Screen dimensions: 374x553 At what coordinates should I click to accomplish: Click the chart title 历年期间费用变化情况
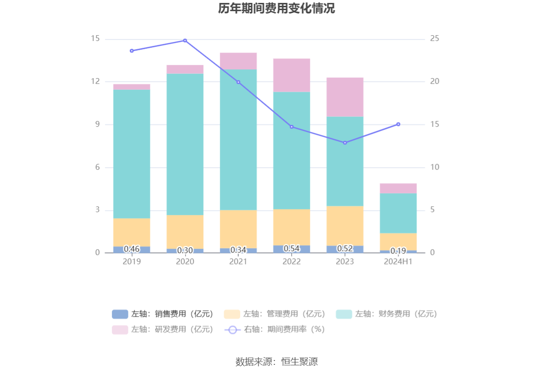pyautogui.click(x=276, y=9)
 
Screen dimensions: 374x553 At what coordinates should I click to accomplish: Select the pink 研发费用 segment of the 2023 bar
pyautogui.click(x=345, y=97)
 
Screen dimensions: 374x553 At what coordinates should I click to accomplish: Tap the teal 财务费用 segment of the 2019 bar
pyautogui.click(x=132, y=154)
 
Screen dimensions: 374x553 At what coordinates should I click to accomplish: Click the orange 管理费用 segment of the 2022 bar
pyautogui.click(x=292, y=227)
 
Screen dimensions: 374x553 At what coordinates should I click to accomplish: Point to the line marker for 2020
pyautogui.click(x=185, y=40)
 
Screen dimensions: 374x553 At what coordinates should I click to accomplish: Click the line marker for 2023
pyautogui.click(x=345, y=143)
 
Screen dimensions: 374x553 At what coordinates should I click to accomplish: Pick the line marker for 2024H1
pyautogui.click(x=398, y=124)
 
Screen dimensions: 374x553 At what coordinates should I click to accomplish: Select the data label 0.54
pyautogui.click(x=292, y=249)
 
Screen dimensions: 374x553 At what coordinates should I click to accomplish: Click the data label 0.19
pyautogui.click(x=398, y=251)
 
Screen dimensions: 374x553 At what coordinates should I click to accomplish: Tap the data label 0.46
pyautogui.click(x=132, y=249)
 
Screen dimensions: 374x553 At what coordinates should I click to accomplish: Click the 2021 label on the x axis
pyautogui.click(x=238, y=262)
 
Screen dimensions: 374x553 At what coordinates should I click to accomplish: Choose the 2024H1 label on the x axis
pyautogui.click(x=398, y=262)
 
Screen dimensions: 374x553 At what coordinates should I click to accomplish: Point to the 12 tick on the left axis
pyautogui.click(x=95, y=81)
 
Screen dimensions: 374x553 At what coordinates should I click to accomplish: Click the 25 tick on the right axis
pyautogui.click(x=434, y=39)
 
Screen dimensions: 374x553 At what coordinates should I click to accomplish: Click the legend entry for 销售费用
pyautogui.click(x=163, y=314)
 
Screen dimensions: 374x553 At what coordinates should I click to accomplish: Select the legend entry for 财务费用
pyautogui.click(x=387, y=314)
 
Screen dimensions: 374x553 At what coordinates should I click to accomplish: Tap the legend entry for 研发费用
pyautogui.click(x=163, y=330)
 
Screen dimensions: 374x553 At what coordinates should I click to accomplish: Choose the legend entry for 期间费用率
pyautogui.click(x=275, y=330)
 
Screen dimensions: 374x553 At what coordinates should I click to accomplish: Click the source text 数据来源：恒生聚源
pyautogui.click(x=276, y=361)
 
